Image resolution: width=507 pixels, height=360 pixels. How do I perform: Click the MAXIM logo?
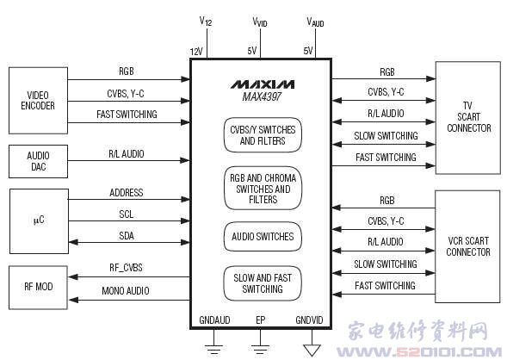tap(263, 84)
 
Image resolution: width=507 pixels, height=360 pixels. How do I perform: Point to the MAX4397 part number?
tap(262, 96)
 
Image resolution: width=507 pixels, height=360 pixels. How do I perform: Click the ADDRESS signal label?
tap(126, 193)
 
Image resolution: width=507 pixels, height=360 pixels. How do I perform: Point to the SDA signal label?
tap(126, 236)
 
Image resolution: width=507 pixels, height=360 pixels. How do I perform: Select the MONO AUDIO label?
tap(126, 291)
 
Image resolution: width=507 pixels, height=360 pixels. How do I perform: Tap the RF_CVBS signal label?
tap(126, 268)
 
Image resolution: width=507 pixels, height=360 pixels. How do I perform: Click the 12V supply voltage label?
tap(196, 52)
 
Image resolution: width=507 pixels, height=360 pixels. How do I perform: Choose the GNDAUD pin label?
tap(214, 320)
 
